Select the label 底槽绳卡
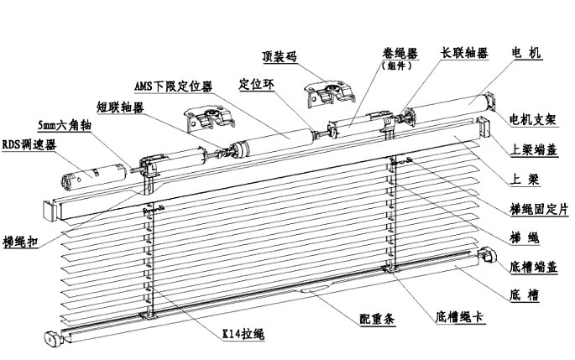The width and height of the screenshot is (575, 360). click(463, 318)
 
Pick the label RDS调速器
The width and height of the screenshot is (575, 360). click(28, 144)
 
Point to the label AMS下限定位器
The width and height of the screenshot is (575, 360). click(173, 86)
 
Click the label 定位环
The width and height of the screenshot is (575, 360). click(257, 85)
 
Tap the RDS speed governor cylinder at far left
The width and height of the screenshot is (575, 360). click(88, 175)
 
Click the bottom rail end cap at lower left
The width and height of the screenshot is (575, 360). click(55, 339)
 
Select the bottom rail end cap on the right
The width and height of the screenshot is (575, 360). click(484, 255)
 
